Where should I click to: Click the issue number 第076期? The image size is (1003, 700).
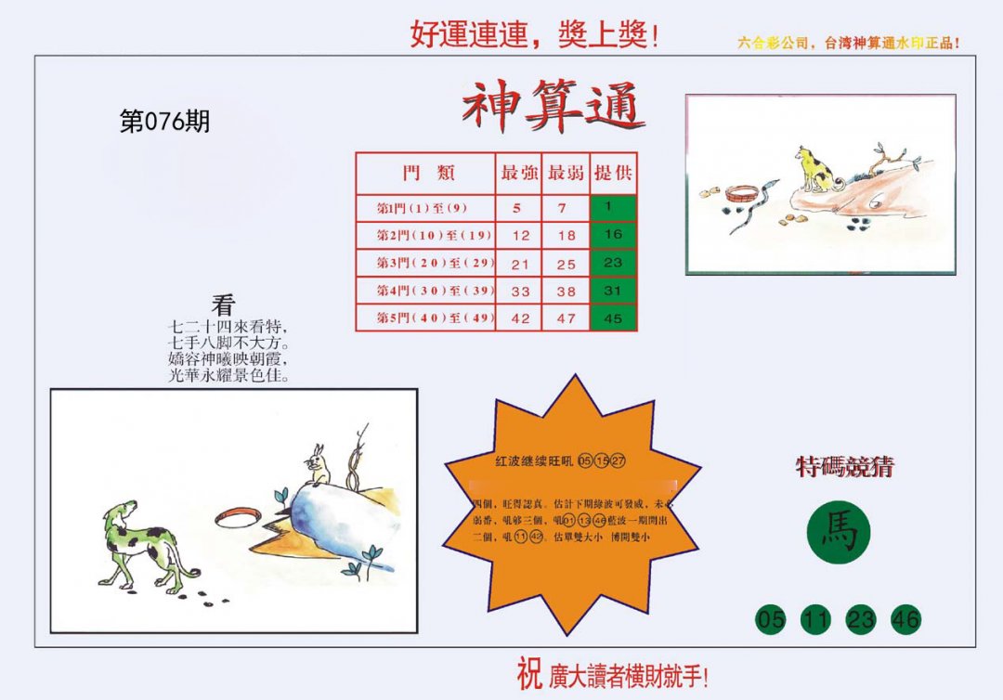click(x=164, y=122)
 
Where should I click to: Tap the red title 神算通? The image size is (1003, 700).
click(x=554, y=106)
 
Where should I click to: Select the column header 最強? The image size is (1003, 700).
click(x=518, y=173)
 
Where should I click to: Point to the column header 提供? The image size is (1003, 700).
click(x=613, y=173)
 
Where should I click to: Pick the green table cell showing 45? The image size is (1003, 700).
click(x=613, y=318)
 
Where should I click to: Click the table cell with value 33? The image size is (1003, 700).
click(x=520, y=292)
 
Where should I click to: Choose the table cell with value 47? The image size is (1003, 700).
click(x=566, y=318)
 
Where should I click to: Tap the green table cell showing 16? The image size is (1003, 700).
click(x=613, y=235)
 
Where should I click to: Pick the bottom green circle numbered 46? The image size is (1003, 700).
click(x=905, y=619)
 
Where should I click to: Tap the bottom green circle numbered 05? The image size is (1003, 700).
click(x=771, y=619)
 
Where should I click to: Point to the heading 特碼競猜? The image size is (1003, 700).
click(x=844, y=467)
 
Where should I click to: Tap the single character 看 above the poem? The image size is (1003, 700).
click(x=223, y=305)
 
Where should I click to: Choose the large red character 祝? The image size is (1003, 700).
click(x=528, y=674)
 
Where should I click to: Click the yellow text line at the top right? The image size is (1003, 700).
click(x=848, y=44)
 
